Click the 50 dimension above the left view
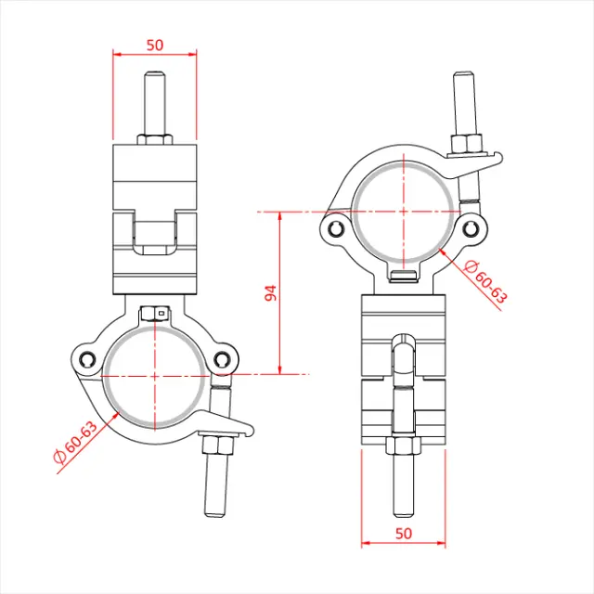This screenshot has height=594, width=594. [154, 44]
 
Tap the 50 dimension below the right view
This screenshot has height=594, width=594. [404, 533]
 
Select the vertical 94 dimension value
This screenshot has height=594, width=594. [271, 293]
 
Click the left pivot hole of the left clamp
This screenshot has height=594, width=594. [87, 360]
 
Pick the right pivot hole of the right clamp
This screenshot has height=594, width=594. [471, 227]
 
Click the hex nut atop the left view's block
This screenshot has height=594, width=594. [155, 140]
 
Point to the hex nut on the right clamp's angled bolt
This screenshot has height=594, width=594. [467, 145]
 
